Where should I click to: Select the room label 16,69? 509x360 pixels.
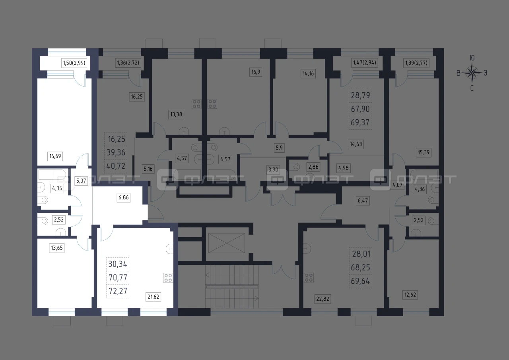[55, 156]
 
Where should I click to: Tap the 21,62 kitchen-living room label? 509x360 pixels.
[153, 297]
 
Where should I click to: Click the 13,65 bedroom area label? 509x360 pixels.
[57, 248]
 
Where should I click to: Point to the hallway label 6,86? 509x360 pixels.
[124, 197]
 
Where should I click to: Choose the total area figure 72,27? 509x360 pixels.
[118, 291]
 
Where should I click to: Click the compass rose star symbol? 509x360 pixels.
[472, 73]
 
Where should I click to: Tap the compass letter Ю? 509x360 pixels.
[472, 58]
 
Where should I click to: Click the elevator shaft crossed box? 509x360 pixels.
[227, 243]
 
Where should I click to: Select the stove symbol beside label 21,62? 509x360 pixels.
[168, 278]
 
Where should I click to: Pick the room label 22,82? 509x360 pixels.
[322, 299]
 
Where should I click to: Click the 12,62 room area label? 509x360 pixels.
[410, 295]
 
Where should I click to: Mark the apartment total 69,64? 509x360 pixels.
[360, 281]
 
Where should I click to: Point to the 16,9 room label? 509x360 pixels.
[256, 72]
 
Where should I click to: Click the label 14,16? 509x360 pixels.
[308, 74]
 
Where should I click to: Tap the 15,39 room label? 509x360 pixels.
[424, 152]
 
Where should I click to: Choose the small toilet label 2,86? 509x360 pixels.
[313, 167]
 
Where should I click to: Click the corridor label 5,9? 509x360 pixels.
[279, 148]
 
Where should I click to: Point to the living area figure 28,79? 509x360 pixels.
[360, 95]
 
